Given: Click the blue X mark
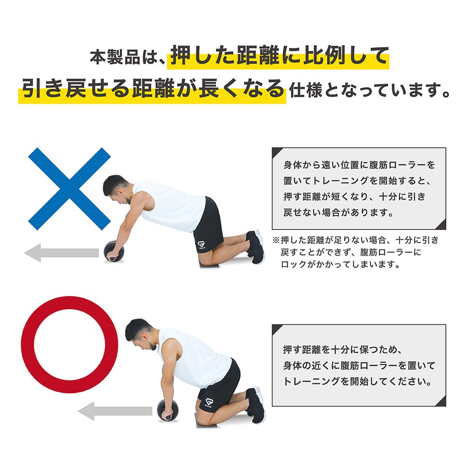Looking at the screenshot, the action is [70, 189].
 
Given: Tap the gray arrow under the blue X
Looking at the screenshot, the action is [62, 253].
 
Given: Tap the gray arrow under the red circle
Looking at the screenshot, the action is [115, 411].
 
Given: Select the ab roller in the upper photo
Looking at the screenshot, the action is [114, 251].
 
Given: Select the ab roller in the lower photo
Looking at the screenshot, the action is [168, 410].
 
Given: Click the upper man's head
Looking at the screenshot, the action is [116, 189].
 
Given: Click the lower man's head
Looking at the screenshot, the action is [140, 334].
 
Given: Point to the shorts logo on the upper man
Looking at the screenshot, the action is [201, 245].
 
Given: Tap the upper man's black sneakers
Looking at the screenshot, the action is [255, 246].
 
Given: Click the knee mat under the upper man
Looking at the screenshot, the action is [209, 265].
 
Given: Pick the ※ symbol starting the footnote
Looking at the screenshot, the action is [276, 240].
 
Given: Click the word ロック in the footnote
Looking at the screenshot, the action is [294, 264].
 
